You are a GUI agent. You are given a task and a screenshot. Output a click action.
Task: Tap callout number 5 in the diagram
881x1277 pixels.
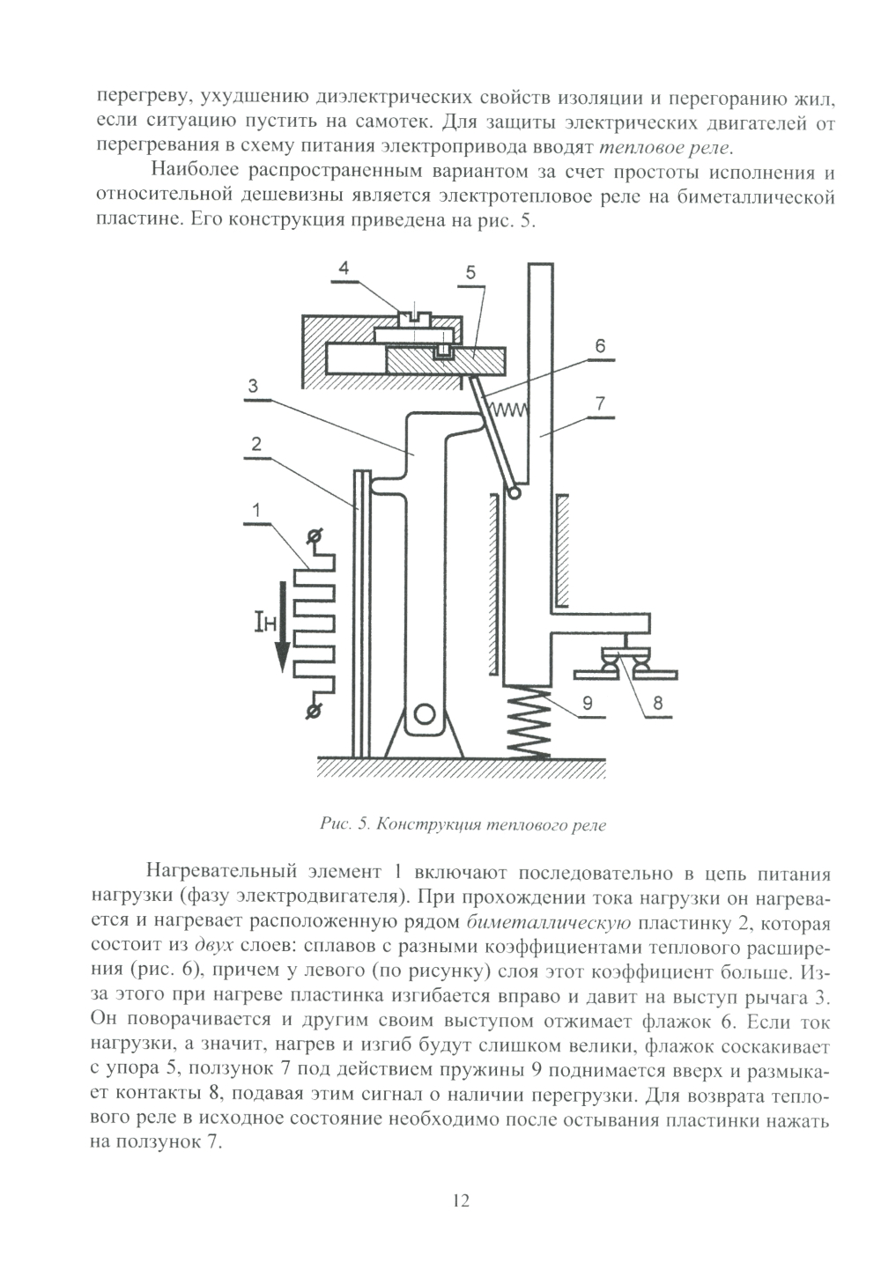471,273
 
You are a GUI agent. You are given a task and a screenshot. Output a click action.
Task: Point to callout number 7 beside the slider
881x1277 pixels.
600,404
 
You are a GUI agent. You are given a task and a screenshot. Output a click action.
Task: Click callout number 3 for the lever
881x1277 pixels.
252,385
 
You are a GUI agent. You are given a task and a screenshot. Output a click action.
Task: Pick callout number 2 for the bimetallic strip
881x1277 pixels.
255,444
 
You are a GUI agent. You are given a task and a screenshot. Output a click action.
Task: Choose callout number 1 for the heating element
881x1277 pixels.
255,509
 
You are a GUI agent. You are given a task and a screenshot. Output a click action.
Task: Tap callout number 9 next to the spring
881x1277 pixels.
586,703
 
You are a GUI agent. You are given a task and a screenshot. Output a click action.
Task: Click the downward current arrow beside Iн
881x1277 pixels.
282,625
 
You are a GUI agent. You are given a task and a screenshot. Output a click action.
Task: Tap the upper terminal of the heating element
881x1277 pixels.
311,535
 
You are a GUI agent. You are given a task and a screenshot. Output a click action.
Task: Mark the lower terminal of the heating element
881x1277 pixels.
311,711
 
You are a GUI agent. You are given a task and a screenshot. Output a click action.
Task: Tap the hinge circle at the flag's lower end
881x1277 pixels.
514,496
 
